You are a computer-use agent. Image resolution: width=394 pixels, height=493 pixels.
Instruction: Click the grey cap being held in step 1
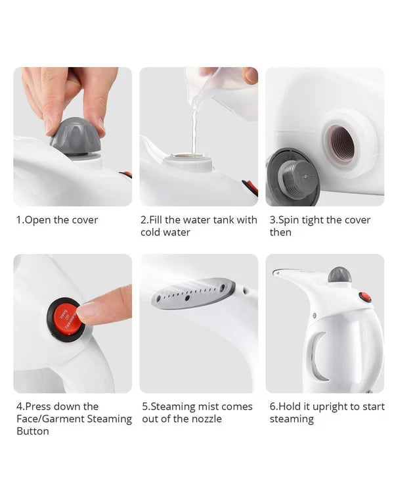pos(76,136)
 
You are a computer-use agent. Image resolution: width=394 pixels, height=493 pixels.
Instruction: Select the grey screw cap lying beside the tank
pos(293,177)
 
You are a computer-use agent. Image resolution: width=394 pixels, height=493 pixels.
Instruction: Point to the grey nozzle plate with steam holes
pos(193,293)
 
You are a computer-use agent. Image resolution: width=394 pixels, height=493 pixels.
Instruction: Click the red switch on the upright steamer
pos(365,297)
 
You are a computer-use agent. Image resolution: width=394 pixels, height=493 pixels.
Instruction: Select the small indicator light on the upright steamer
pos(315,315)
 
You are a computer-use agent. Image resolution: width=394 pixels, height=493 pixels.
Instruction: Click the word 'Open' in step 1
pos(37,220)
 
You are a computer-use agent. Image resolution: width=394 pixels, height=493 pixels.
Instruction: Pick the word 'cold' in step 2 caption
pos(151,232)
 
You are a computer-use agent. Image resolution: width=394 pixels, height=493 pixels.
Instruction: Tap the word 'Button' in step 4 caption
pos(33,431)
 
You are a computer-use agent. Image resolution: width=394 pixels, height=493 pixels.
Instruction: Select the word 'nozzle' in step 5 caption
pos(206,419)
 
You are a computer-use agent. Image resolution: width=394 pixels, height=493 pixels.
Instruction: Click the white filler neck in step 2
pos(188,162)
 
